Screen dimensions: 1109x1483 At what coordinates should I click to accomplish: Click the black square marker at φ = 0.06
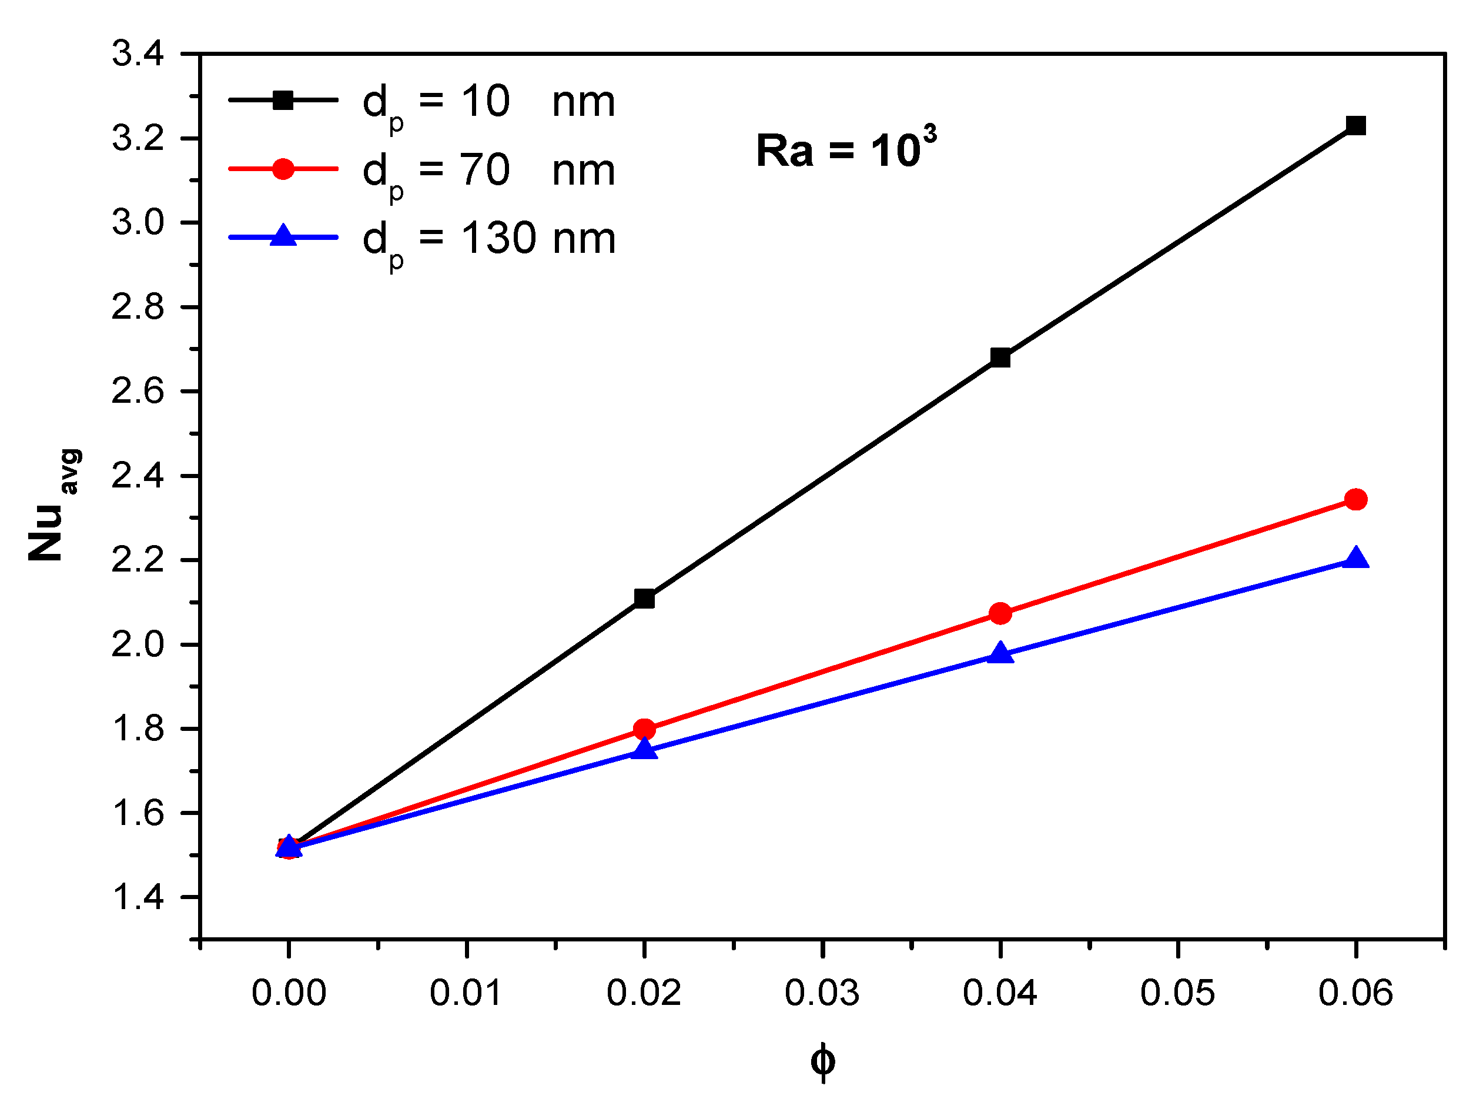(x=1355, y=125)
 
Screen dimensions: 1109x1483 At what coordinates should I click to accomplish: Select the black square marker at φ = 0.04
(x=1000, y=358)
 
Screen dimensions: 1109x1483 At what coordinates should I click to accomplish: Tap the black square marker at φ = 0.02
(x=644, y=598)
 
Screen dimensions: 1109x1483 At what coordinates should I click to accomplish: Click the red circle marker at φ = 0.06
(x=1355, y=499)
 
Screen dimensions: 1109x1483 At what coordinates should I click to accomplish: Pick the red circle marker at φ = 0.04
(x=1000, y=613)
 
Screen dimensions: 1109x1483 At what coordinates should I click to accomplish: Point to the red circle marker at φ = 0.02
(x=644, y=729)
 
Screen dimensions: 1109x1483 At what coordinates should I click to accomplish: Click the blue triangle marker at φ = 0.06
(x=1355, y=559)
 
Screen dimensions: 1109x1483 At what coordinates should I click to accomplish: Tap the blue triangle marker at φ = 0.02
(x=644, y=749)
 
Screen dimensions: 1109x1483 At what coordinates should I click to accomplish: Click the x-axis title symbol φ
(x=823, y=1061)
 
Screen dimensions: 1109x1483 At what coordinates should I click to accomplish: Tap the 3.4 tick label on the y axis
(x=138, y=54)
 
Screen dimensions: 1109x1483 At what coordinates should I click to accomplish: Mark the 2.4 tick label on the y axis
(x=138, y=476)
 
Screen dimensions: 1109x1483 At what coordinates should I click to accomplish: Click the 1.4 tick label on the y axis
(x=138, y=897)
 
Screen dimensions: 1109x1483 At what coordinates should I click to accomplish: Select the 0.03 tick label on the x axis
(x=822, y=993)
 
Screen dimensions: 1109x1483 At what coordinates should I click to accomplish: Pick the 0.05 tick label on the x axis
(x=1177, y=993)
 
